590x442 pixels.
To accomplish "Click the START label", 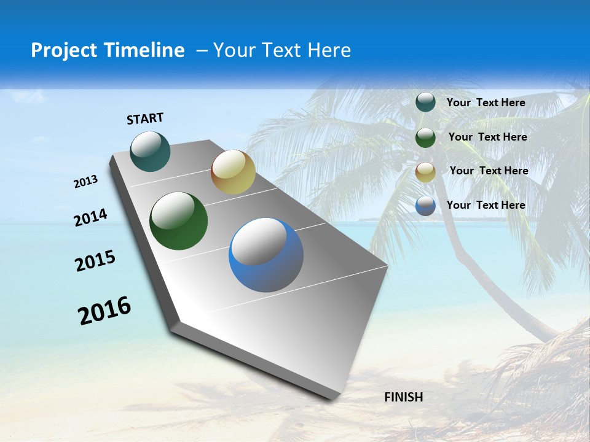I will pyautogui.click(x=145, y=118).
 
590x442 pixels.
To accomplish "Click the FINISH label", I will pyautogui.click(x=403, y=397).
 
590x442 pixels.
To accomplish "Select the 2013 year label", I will pyautogui.click(x=86, y=182).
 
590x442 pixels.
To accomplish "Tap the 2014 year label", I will pyautogui.click(x=91, y=218).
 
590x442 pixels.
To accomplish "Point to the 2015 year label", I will pyautogui.click(x=95, y=261).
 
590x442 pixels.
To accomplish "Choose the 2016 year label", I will pyautogui.click(x=104, y=311).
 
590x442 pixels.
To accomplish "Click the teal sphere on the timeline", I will pyautogui.click(x=151, y=151).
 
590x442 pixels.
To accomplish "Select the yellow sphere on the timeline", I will pyautogui.click(x=233, y=172).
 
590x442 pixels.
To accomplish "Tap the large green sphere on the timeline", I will pyautogui.click(x=178, y=221).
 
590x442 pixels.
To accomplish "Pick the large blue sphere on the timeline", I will pyautogui.click(x=266, y=255).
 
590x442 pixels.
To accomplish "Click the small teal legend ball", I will pyautogui.click(x=425, y=103).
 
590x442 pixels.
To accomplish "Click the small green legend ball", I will pyautogui.click(x=425, y=138).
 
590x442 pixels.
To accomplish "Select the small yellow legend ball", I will pyautogui.click(x=425, y=172).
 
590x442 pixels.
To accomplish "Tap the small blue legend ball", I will pyautogui.click(x=425, y=206).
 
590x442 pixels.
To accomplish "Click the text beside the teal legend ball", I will pyautogui.click(x=486, y=103).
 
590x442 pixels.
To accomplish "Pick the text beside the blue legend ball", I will pyautogui.click(x=486, y=205).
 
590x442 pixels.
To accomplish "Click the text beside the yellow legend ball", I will pyautogui.click(x=489, y=171).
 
